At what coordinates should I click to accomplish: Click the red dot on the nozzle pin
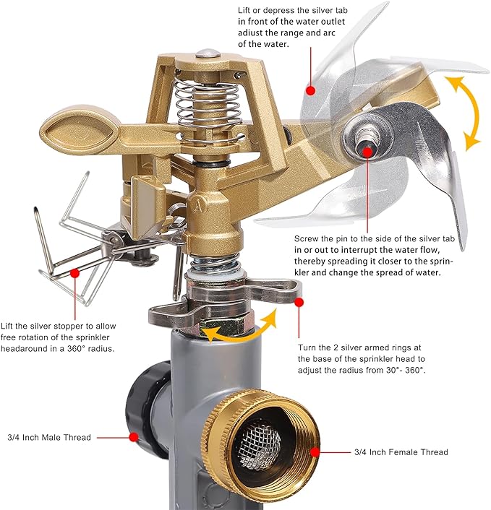[367, 152]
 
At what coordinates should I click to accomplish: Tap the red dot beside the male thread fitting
[134, 437]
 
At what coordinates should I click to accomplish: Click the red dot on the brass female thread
[315, 452]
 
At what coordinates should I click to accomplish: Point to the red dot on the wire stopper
[75, 273]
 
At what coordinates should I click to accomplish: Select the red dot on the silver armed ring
[299, 303]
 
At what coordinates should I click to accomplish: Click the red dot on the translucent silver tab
[311, 90]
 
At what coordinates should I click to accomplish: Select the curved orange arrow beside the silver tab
[464, 112]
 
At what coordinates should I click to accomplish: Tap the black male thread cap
[147, 410]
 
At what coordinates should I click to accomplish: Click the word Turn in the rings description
[307, 347]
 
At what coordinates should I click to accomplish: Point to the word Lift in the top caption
[244, 10]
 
